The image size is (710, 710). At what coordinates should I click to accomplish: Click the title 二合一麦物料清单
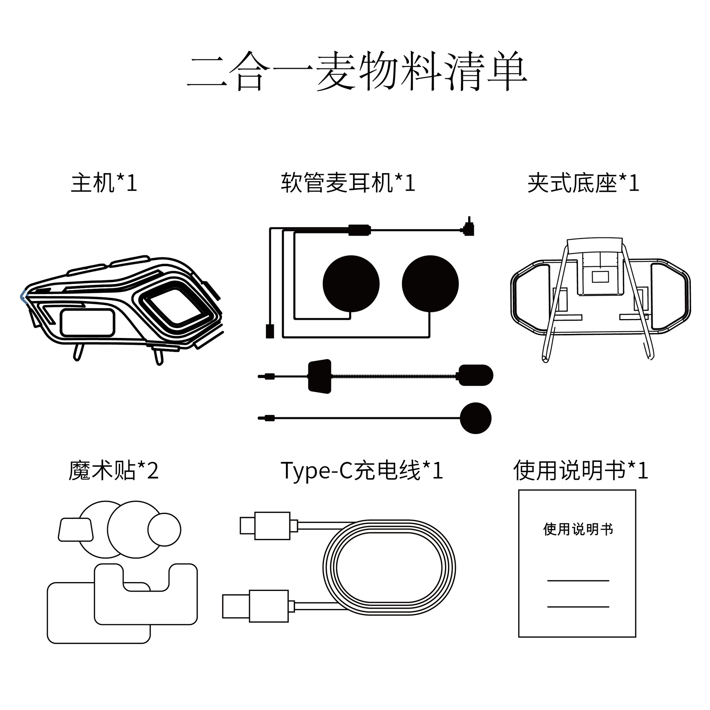tap(357, 71)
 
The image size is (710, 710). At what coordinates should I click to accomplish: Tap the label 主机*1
tap(104, 183)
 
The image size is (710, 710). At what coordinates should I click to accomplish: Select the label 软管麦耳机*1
tap(348, 183)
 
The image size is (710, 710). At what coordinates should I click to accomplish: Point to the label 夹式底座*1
tap(583, 183)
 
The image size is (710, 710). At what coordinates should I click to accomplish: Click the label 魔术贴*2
tap(114, 471)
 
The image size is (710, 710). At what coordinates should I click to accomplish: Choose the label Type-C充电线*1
tap(362, 471)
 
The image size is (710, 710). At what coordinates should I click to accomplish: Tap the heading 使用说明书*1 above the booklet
tap(581, 471)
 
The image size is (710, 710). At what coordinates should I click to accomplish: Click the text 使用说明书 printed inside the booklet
tap(578, 529)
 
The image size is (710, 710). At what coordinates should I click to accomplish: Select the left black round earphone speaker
tap(351, 284)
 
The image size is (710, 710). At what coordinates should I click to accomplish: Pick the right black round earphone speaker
tap(430, 284)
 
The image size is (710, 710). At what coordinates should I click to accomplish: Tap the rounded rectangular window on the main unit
tap(88, 323)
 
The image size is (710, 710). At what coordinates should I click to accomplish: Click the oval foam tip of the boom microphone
tap(476, 375)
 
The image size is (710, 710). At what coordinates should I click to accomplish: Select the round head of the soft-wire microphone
tap(476, 418)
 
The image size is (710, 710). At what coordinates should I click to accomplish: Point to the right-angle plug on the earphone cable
tap(469, 229)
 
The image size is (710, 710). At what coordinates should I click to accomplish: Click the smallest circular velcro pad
tap(164, 530)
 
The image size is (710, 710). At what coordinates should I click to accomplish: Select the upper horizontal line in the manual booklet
tap(578, 581)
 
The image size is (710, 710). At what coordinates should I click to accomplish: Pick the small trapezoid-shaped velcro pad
tap(76, 530)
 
